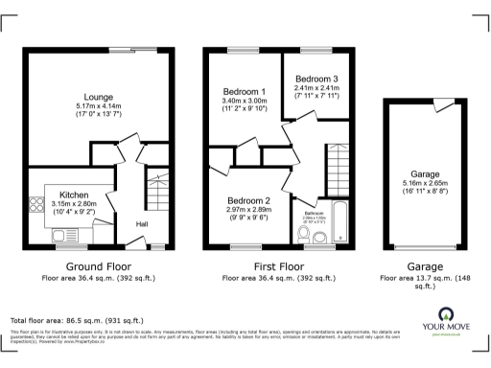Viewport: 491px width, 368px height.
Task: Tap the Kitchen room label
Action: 74,193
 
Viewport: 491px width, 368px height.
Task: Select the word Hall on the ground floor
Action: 142,224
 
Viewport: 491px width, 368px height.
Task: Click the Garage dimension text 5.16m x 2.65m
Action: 423,182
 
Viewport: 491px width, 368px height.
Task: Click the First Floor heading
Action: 279,265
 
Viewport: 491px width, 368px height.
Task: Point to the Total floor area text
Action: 77,319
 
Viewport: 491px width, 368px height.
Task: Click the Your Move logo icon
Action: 446,313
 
